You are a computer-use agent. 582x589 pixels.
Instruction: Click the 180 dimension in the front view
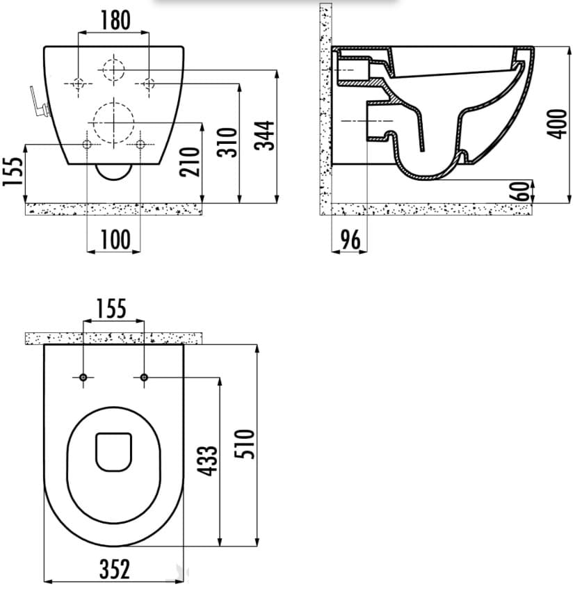point(113,20)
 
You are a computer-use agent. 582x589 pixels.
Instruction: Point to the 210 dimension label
point(193,162)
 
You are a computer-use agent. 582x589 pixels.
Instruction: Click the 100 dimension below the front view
point(113,240)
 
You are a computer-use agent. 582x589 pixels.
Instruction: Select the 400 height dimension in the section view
point(554,124)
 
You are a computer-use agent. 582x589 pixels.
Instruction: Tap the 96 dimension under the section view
point(350,240)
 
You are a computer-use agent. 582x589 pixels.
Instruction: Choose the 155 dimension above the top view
point(113,308)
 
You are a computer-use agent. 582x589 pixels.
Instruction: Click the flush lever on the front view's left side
point(39,103)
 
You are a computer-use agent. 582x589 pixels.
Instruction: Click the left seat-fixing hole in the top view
point(83,378)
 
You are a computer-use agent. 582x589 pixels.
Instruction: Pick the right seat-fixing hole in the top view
point(144,378)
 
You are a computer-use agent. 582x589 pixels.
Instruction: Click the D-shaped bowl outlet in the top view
point(113,451)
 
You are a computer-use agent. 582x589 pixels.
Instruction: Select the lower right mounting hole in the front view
point(140,144)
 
